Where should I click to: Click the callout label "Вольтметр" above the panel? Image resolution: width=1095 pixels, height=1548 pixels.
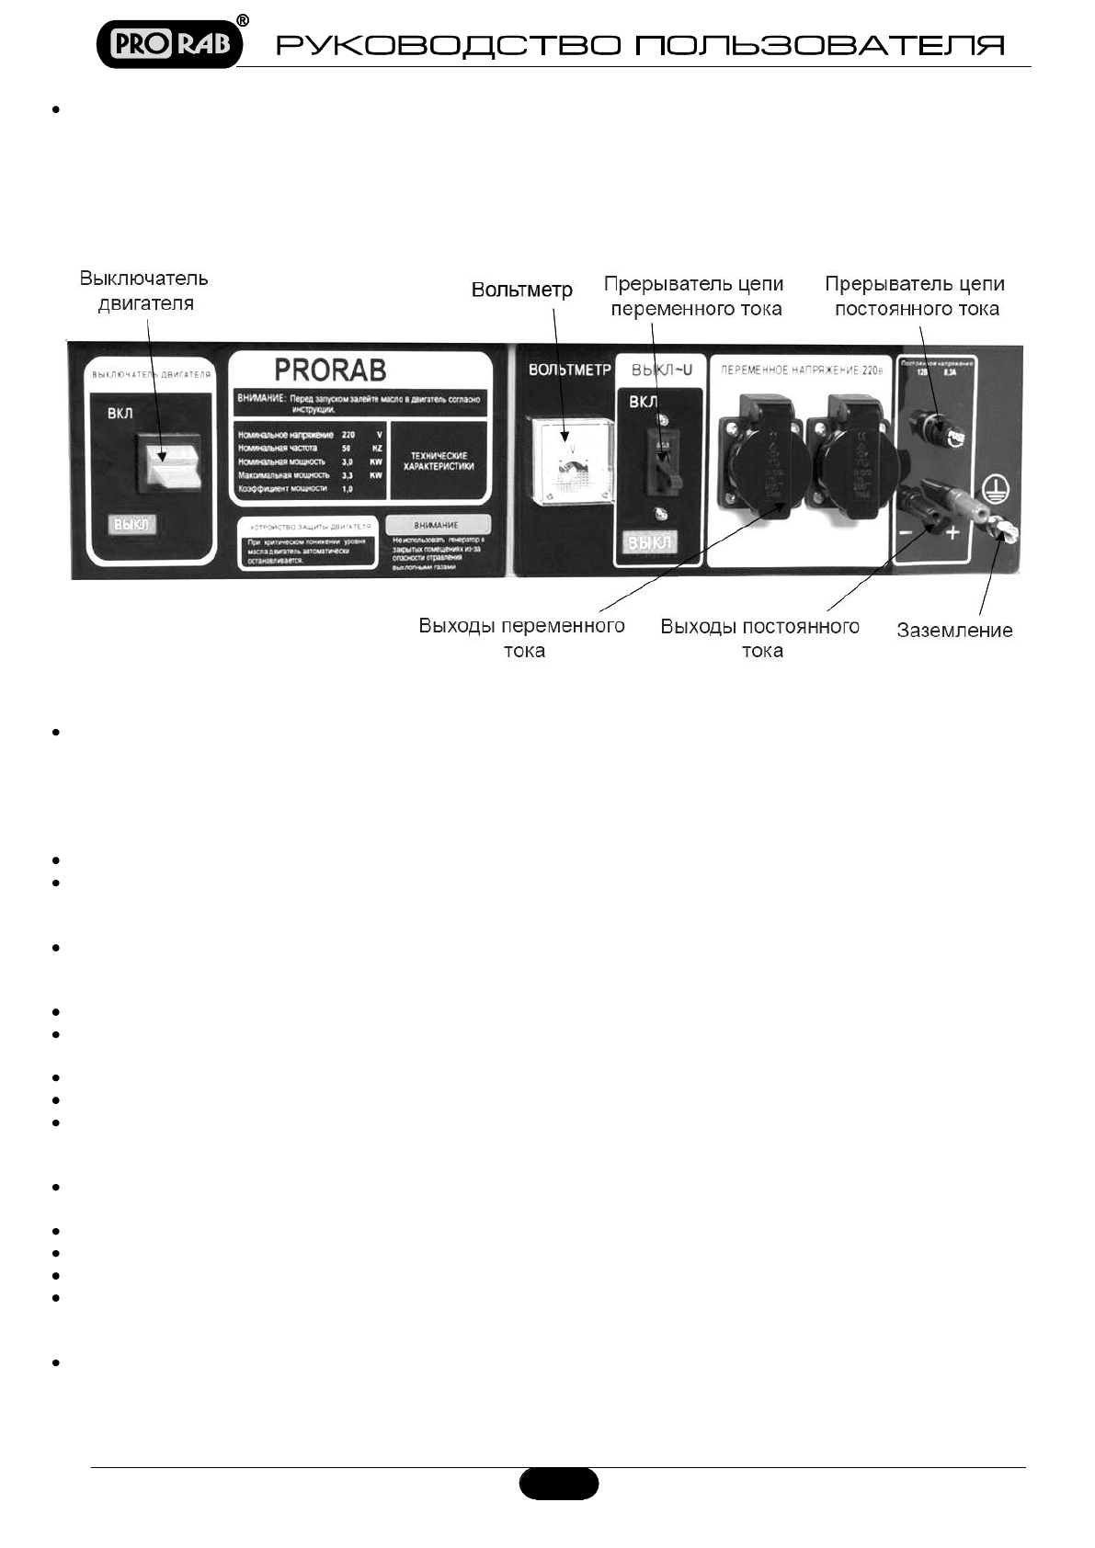coord(521,290)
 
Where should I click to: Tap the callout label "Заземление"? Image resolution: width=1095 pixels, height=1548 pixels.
coord(954,631)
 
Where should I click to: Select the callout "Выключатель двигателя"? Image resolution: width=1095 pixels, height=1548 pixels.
coord(144,290)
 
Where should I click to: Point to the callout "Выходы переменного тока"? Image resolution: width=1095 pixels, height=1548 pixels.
coord(522,638)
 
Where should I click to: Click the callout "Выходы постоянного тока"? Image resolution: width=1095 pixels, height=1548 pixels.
coord(760,638)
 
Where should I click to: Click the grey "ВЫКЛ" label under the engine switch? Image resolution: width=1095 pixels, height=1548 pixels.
coord(132,524)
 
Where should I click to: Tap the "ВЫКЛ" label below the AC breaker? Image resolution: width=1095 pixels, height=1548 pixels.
coord(649,542)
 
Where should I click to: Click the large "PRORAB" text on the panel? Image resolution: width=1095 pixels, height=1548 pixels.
coord(330,370)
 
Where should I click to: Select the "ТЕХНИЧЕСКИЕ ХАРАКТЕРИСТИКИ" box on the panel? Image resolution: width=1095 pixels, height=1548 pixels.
coord(439,461)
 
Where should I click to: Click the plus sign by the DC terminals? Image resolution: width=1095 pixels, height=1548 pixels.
coord(952,532)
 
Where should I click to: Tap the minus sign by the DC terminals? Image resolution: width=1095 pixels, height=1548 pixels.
coord(906,532)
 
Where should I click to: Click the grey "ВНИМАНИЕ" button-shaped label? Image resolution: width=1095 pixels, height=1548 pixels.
coord(437,525)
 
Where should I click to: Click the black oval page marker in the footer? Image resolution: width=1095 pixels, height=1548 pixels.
coord(559,1483)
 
